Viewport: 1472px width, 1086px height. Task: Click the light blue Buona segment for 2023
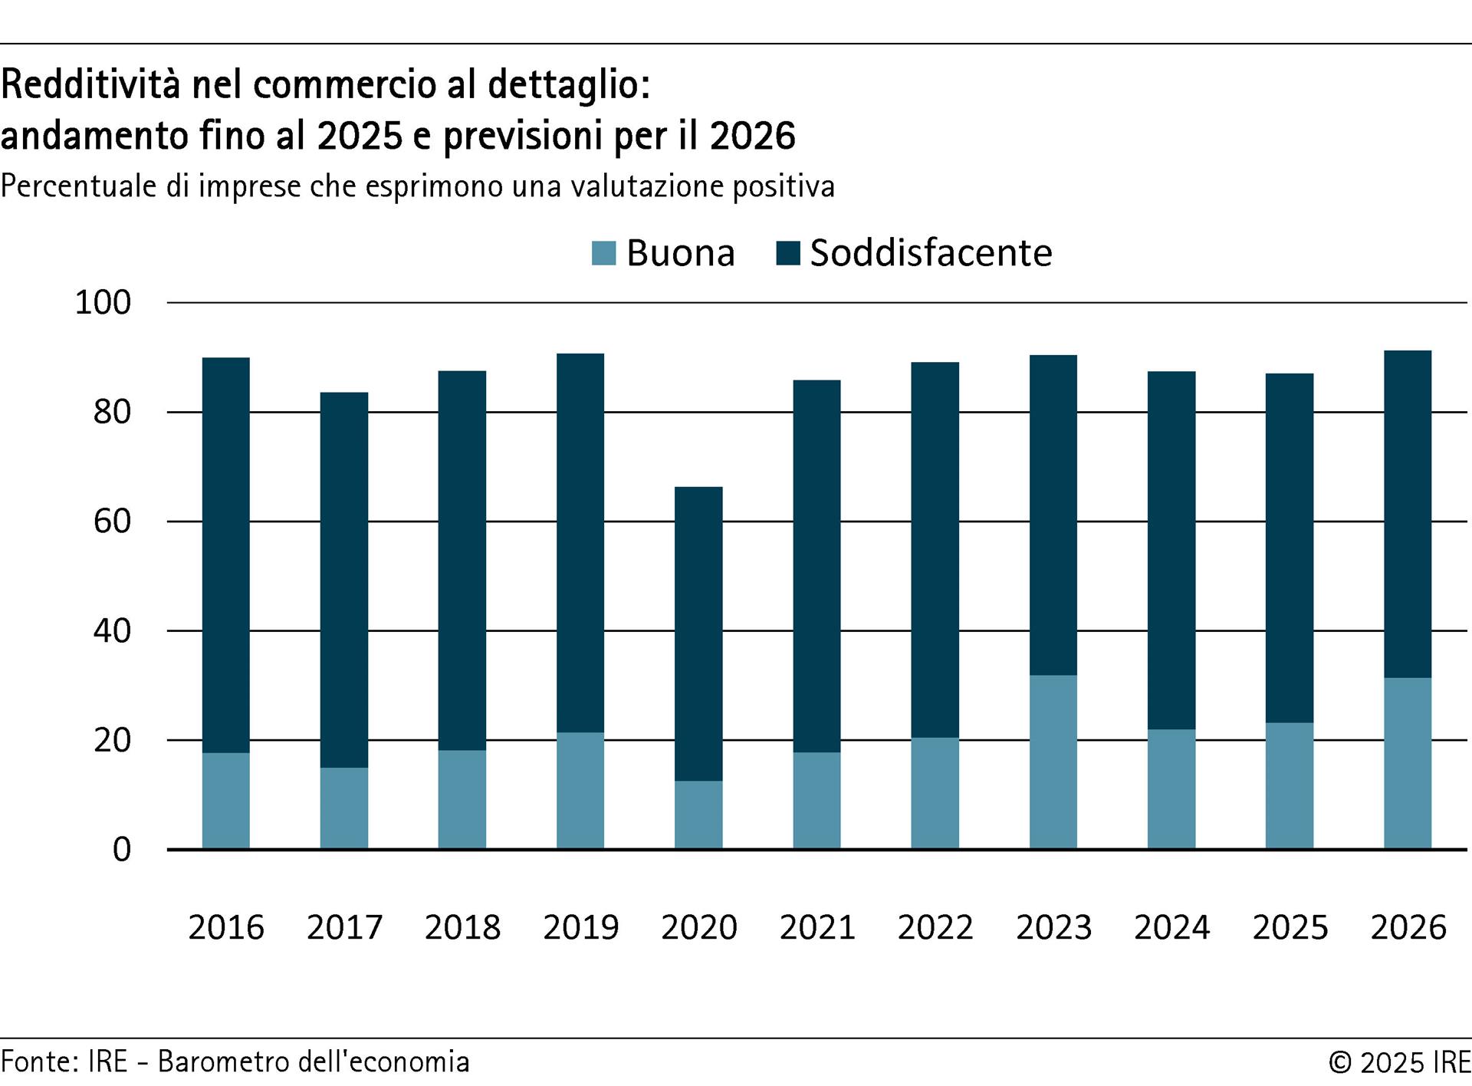(1053, 762)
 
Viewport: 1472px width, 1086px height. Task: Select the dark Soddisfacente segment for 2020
(698, 633)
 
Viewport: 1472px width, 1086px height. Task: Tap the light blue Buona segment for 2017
(344, 808)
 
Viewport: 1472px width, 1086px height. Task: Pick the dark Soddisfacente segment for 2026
(1408, 514)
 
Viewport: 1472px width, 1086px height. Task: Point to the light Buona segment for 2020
(698, 814)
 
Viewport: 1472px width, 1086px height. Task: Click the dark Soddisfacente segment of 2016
(226, 555)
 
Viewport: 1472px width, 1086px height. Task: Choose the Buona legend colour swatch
(604, 253)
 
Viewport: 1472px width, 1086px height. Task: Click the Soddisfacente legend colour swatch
(788, 253)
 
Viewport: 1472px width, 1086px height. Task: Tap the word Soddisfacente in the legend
(931, 253)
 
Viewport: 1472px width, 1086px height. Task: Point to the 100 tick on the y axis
(103, 303)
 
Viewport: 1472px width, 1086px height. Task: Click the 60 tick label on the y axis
(112, 522)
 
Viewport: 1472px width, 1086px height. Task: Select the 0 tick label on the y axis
(122, 850)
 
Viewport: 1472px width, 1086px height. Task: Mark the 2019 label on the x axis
(580, 927)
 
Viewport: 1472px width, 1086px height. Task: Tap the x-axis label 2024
(1171, 927)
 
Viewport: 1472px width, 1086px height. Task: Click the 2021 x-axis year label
(817, 927)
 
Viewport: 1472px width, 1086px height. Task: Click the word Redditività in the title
(91, 84)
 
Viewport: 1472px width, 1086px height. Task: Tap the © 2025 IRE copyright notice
(1399, 1062)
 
